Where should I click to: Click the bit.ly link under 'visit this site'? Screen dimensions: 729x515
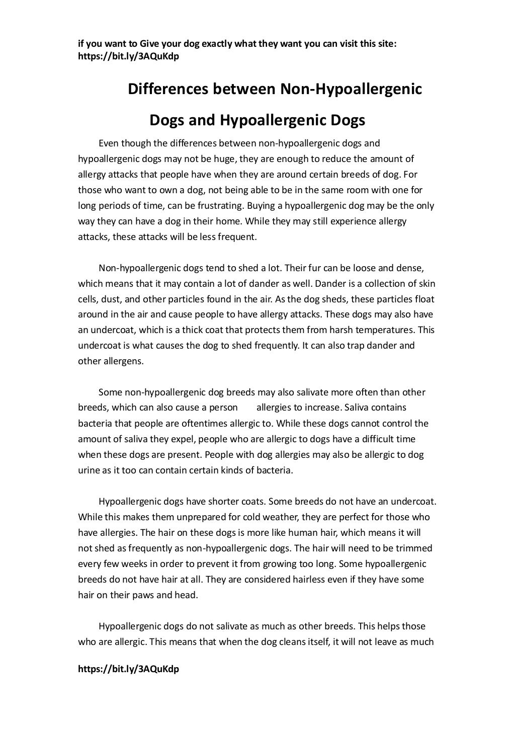click(x=128, y=56)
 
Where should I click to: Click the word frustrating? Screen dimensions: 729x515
click(x=214, y=206)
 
